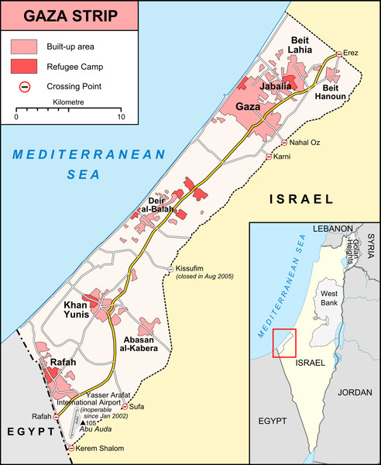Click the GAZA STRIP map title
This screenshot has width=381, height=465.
(69, 15)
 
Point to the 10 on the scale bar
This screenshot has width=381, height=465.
(121, 117)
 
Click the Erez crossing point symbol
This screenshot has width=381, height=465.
(337, 55)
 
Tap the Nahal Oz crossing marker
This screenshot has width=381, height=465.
(284, 143)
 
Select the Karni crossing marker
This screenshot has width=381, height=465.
(269, 157)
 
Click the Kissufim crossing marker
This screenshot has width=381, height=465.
(170, 268)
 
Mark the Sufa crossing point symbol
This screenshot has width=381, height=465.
(125, 406)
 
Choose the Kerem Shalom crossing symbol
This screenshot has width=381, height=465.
(71, 448)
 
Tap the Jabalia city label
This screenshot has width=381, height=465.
(276, 87)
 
